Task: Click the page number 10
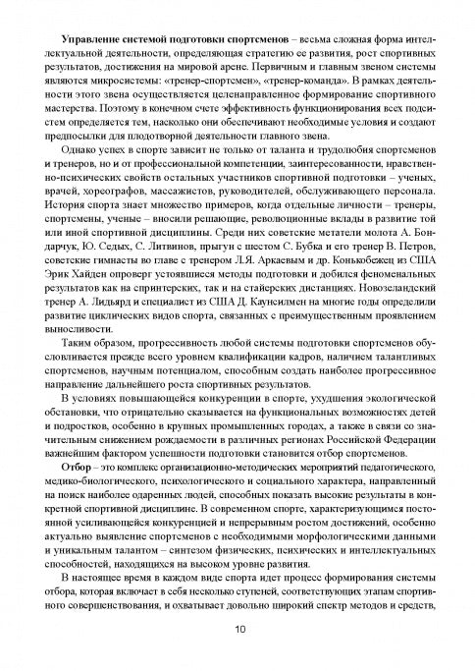237,630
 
